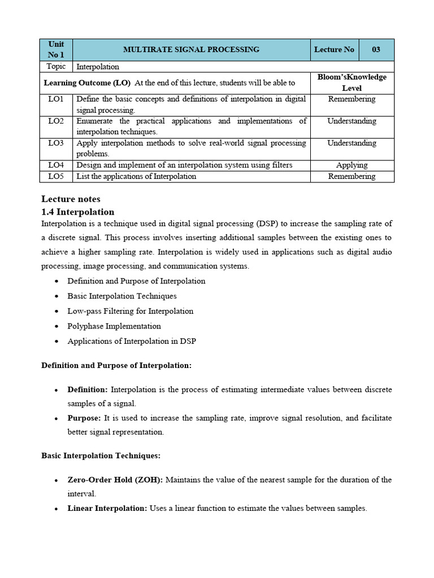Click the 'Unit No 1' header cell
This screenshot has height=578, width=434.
coord(56,50)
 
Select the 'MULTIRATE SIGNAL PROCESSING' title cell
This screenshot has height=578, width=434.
coord(192,50)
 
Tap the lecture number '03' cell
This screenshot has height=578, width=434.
coord(376,50)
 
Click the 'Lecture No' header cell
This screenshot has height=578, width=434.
coord(334,50)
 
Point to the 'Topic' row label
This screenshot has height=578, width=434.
coord(56,67)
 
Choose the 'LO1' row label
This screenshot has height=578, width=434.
coord(56,99)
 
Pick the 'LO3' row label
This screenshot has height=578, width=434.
coord(56,143)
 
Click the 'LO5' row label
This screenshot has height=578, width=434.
coord(56,176)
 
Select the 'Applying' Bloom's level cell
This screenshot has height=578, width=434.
coord(351,165)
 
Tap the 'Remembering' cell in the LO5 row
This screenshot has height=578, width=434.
coord(351,176)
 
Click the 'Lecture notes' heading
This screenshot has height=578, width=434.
coord(71,199)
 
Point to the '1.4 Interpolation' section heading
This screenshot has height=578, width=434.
coord(77,212)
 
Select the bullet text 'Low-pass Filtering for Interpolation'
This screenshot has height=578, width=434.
coord(130,311)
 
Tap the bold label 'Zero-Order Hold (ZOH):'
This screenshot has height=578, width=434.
coord(115,480)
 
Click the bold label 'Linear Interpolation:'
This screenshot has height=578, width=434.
coord(107,508)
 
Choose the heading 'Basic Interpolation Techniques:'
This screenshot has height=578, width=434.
coord(101,455)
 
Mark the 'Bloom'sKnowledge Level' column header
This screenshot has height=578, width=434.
coord(351,82)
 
